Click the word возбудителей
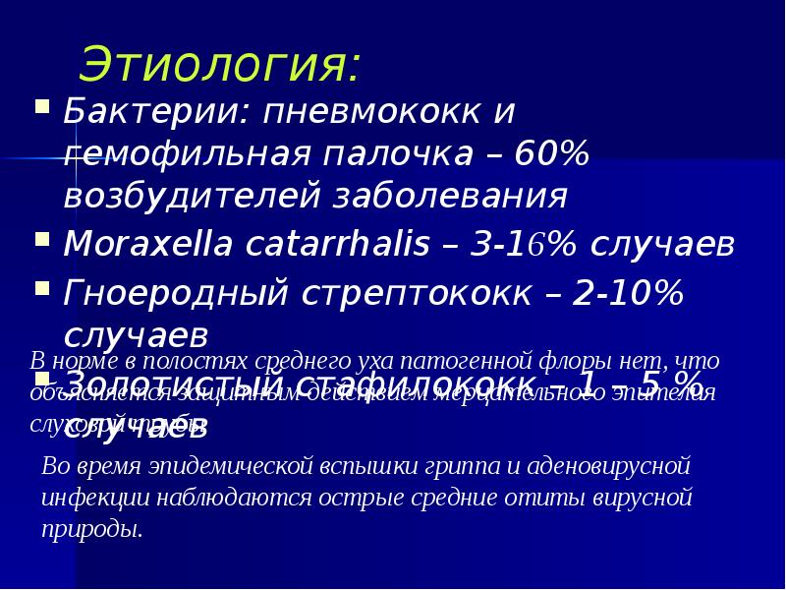point(193,196)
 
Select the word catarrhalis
point(329,245)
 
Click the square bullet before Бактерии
point(41,104)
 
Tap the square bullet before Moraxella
point(41,239)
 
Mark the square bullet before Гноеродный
point(41,286)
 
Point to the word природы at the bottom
point(91,529)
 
